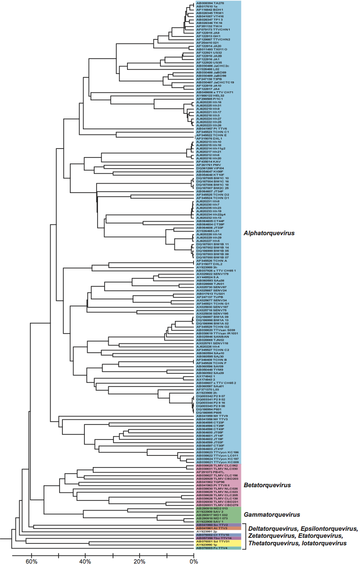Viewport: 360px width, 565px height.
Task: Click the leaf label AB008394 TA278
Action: [210, 3]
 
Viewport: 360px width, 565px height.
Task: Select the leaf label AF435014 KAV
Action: [208, 162]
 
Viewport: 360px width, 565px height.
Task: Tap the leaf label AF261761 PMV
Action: [208, 165]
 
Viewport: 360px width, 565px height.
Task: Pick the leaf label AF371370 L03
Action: [208, 389]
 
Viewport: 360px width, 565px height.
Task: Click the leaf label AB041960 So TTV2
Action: [212, 525]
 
